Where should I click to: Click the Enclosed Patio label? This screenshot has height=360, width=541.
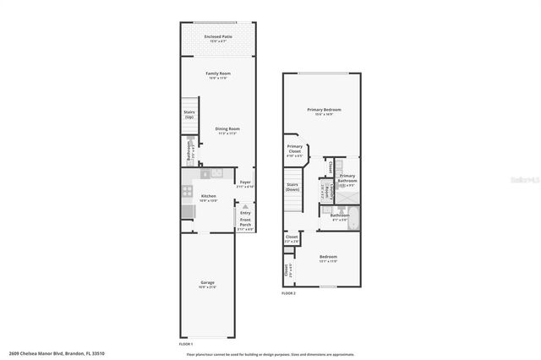coord(217,37)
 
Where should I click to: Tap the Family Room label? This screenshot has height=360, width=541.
coord(218,74)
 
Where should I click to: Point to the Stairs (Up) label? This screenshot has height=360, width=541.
coord(190,113)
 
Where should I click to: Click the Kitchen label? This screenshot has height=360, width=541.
coord(209,197)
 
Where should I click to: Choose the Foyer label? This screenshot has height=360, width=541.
coord(245,183)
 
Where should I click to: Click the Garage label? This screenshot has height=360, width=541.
coord(207,282)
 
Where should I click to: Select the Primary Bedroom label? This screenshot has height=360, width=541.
coord(324,110)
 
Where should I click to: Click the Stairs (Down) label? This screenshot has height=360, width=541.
coord(293,186)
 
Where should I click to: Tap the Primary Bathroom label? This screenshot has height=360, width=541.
coord(347,178)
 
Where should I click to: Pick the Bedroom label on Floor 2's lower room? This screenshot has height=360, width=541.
coord(328,257)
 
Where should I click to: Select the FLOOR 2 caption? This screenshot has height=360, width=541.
coord(289,293)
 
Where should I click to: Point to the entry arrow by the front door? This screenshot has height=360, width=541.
coord(245,205)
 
